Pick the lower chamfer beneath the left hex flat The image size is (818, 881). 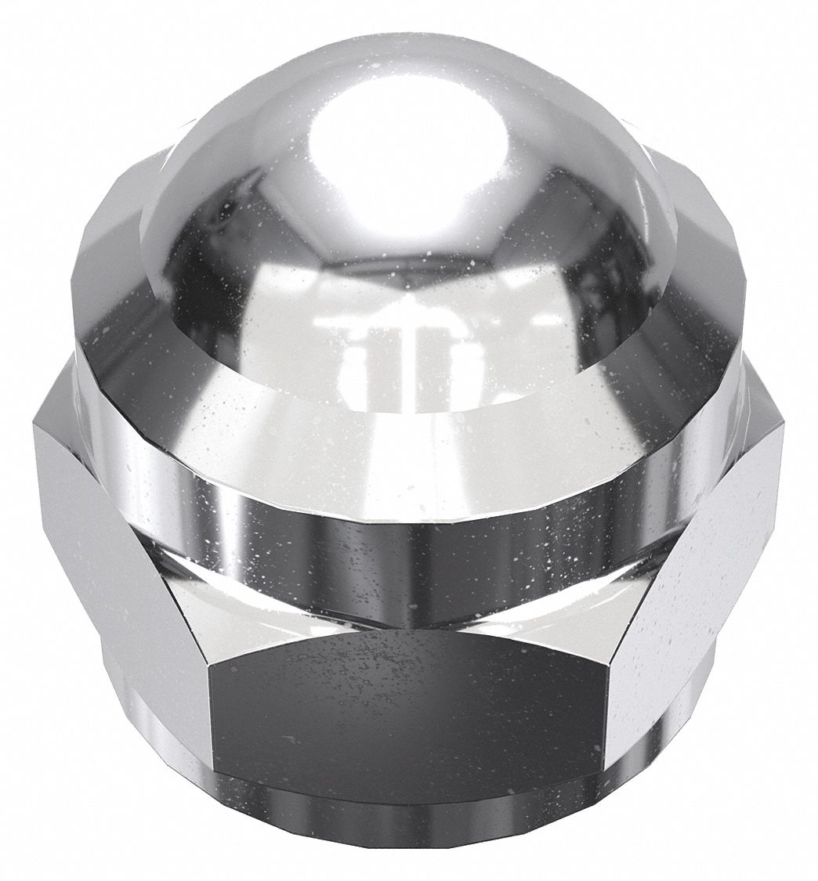click(x=141, y=752)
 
